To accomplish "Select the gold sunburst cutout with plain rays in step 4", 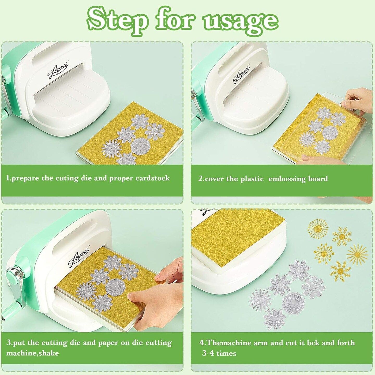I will pos(358,254).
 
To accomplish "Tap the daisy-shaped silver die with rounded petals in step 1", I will pos(155,132).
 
